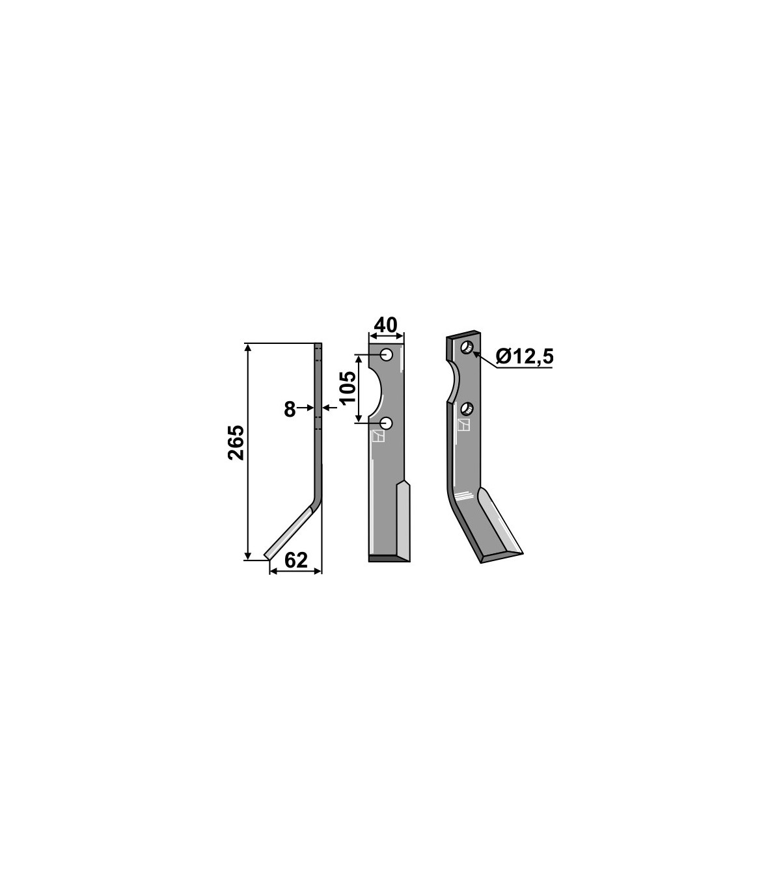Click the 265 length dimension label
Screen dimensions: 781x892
tap(236, 442)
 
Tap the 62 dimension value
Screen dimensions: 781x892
tap(296, 560)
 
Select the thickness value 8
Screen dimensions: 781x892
tap(290, 410)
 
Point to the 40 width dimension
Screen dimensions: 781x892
tap(386, 325)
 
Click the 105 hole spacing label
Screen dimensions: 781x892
tap(348, 387)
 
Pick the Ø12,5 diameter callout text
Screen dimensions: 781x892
tap(525, 357)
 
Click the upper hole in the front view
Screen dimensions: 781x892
tap(386, 354)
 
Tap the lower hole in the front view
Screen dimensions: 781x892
tap(387, 423)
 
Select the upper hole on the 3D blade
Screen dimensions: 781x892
tap(467, 347)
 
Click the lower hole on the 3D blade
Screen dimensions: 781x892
tap(468, 409)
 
